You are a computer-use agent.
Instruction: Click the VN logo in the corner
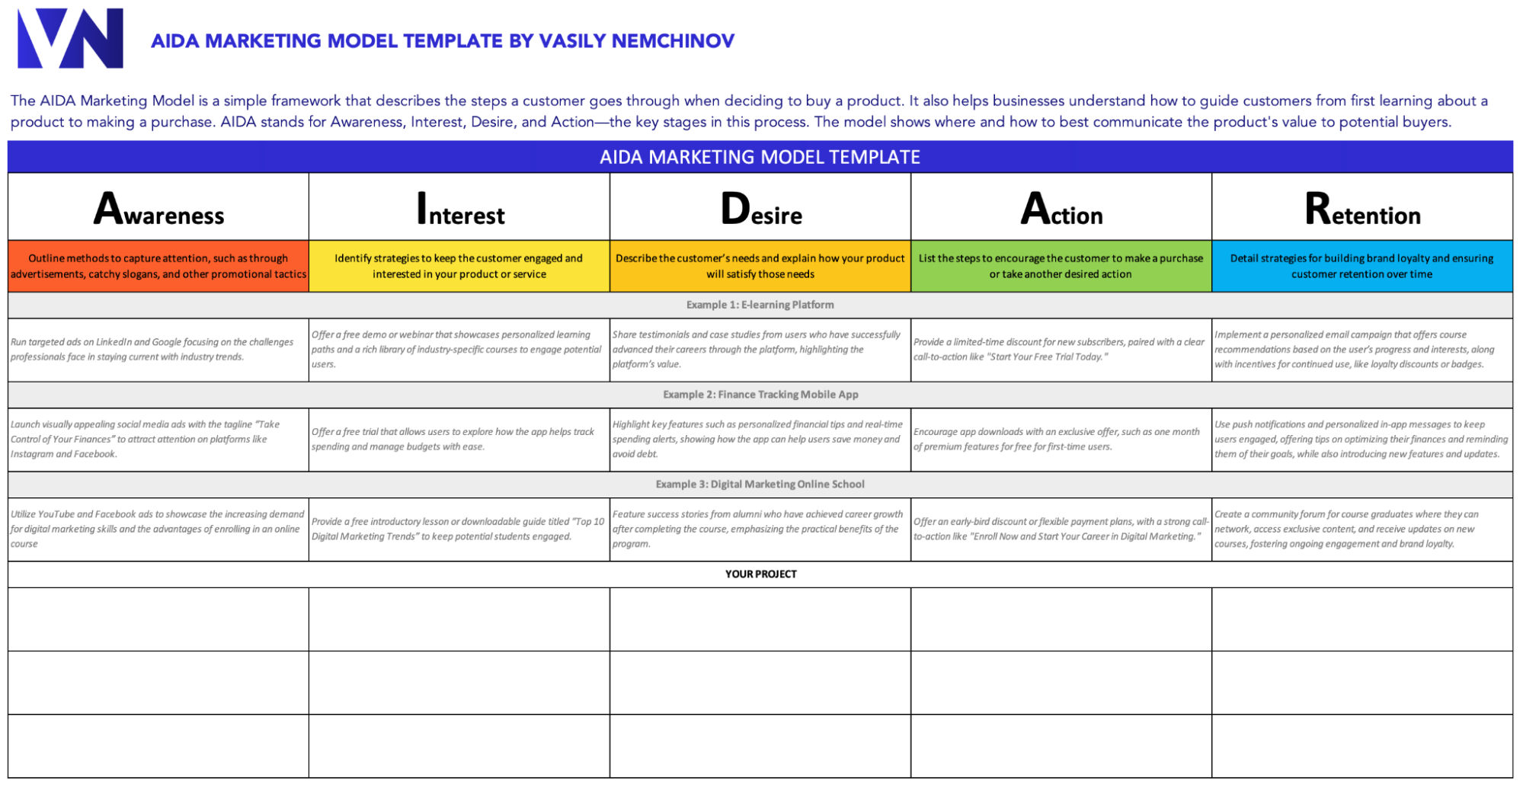[x=70, y=38]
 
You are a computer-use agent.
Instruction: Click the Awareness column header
[x=158, y=209]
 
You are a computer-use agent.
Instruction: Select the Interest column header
[x=459, y=209]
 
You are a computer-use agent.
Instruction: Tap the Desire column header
[x=760, y=209]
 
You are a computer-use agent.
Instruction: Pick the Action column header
[x=1061, y=209]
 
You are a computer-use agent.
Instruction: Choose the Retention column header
[x=1362, y=209]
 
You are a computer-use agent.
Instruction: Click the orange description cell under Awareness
[x=158, y=266]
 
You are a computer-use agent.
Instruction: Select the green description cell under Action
[x=1061, y=266]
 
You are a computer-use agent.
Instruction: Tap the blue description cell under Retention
[x=1361, y=266]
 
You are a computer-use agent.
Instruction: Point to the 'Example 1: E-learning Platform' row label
[x=760, y=305]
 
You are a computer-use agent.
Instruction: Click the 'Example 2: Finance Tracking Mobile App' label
[x=760, y=395]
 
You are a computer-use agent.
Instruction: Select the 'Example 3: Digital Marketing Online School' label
[x=760, y=485]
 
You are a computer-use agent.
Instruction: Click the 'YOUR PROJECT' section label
[x=760, y=574]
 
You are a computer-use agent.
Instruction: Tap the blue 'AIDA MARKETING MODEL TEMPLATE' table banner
[x=760, y=157]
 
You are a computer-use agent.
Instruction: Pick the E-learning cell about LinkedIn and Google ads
[x=158, y=350]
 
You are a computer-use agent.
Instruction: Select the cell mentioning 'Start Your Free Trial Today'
[x=1061, y=350]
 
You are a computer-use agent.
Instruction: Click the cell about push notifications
[x=1361, y=440]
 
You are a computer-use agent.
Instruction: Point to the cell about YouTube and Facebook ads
[x=158, y=529]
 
